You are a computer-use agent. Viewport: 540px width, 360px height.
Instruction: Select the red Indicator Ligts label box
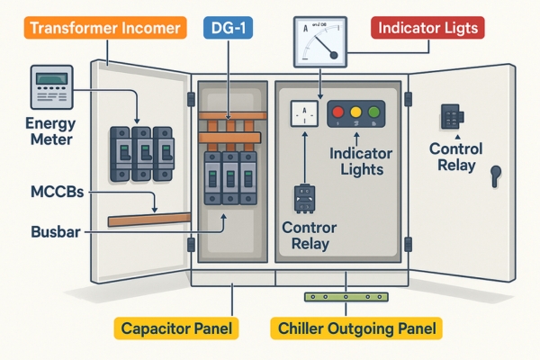click(x=427, y=29)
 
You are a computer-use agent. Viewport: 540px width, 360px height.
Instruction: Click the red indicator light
click(x=339, y=113)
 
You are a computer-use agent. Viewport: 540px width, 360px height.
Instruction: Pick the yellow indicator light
click(x=355, y=113)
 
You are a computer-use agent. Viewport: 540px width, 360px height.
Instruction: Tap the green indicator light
click(x=372, y=113)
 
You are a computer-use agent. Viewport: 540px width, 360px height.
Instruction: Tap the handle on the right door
click(x=494, y=174)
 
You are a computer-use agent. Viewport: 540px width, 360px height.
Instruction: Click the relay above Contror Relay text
click(x=304, y=200)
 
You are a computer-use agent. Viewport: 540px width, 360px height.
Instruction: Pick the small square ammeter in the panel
click(x=303, y=112)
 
